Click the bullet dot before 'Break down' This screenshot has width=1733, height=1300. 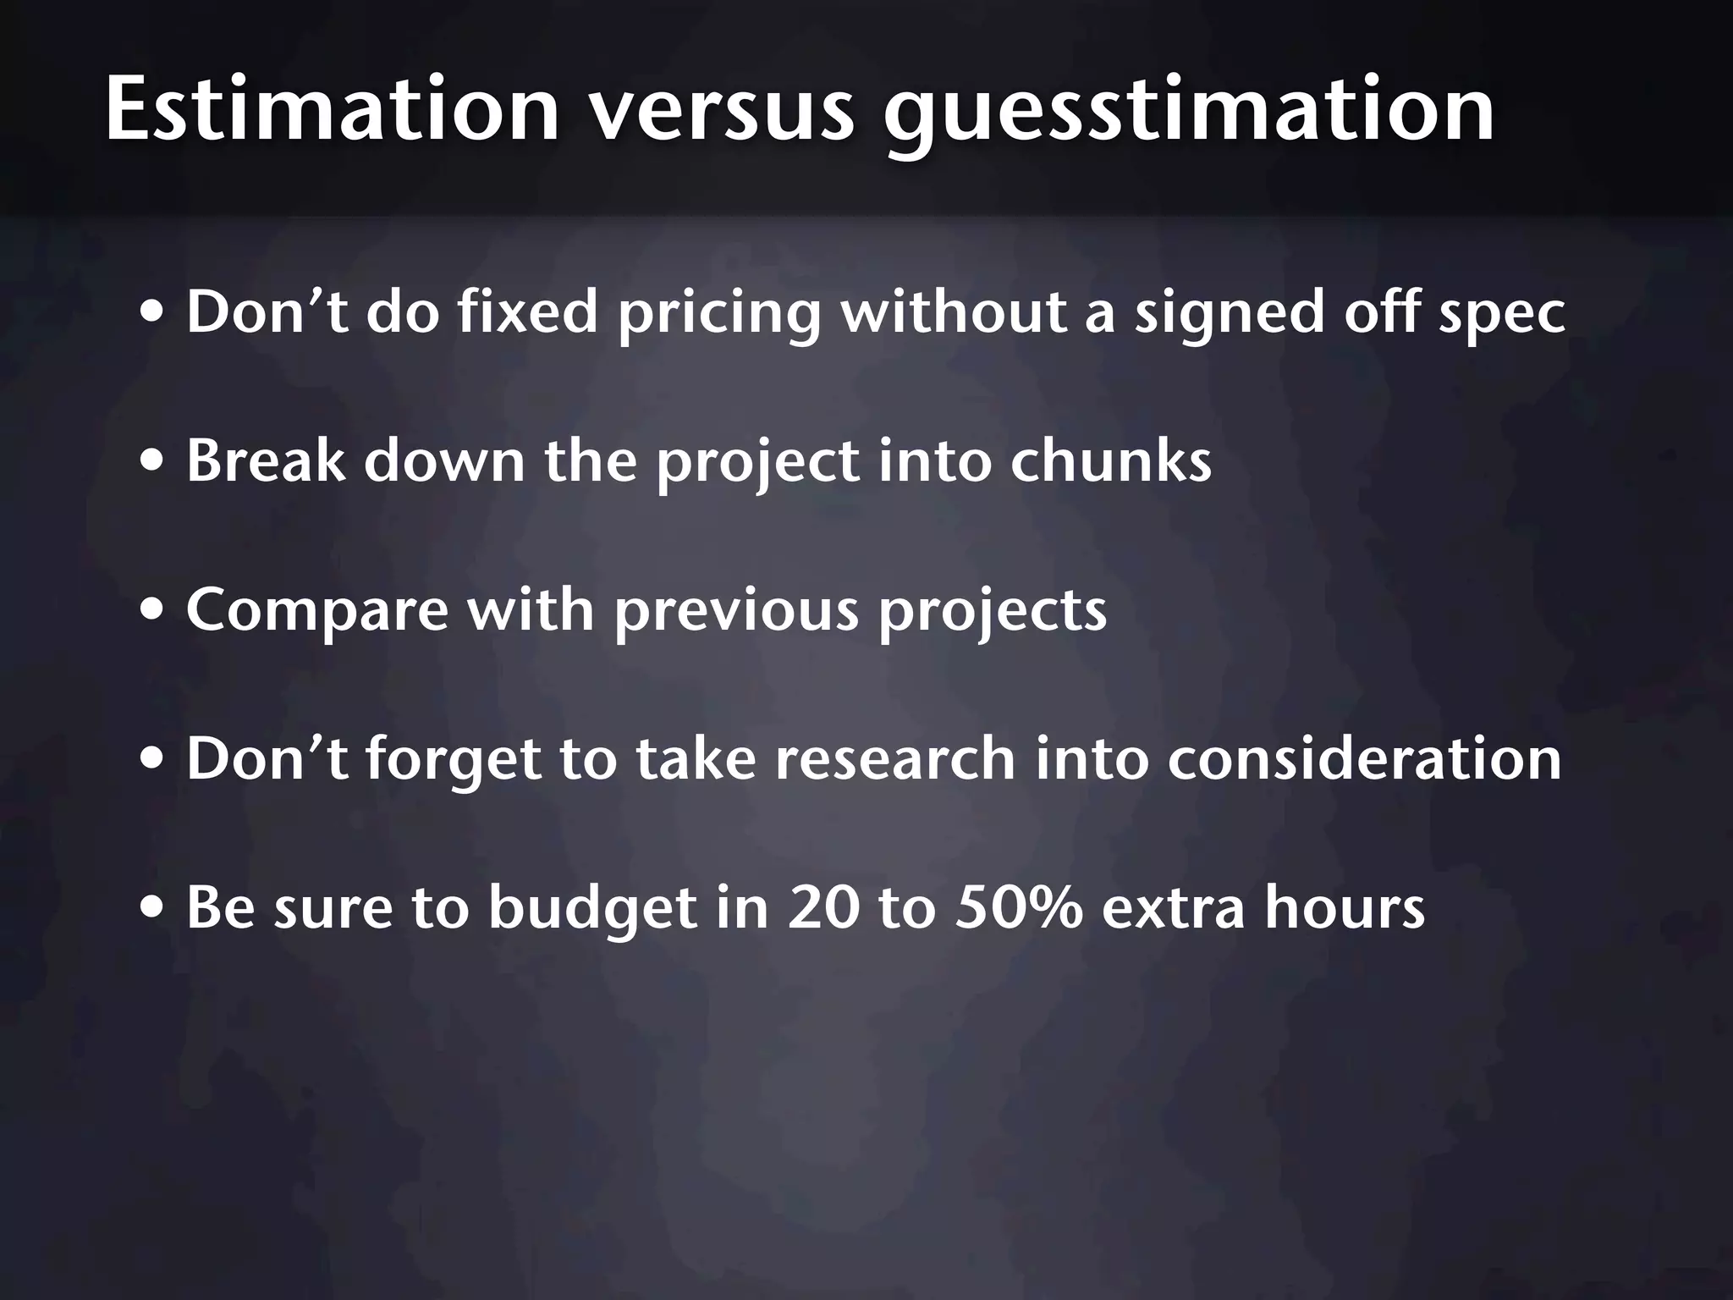point(153,463)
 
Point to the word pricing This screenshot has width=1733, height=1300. point(718,313)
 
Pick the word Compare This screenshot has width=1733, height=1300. point(316,611)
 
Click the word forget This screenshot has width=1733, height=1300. point(454,760)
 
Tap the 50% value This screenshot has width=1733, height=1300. point(1018,907)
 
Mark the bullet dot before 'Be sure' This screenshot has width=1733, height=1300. point(153,909)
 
